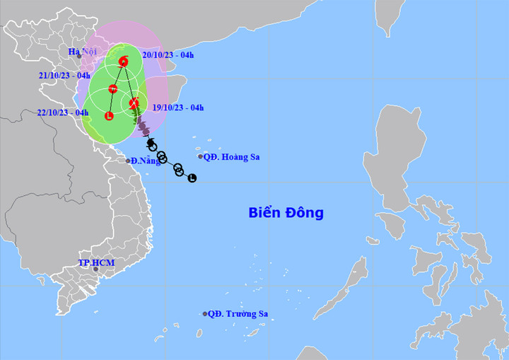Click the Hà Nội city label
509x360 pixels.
point(82,52)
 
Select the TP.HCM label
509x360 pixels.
point(95,263)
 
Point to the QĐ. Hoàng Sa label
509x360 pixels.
point(231,157)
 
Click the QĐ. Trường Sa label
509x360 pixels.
point(239,314)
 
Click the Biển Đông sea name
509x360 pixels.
point(286,212)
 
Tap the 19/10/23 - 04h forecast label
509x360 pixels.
point(178,108)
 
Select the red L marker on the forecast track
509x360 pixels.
point(109,115)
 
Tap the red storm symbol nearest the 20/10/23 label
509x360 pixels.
point(124,62)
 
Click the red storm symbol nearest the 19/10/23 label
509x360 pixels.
point(134,103)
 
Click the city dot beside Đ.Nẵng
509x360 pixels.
point(129,161)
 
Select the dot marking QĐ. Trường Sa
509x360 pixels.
point(205,314)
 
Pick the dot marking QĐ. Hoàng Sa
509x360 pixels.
point(200,157)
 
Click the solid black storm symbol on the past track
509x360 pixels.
point(151,144)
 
